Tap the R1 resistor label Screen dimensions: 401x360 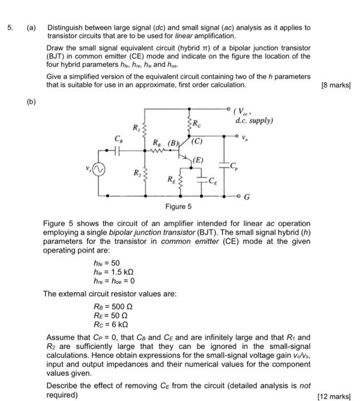135,128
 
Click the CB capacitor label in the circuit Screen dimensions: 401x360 118,139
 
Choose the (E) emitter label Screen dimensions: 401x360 198,160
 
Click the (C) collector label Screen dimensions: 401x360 197,140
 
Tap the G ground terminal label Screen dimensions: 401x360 247,196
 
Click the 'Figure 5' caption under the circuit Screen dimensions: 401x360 178,207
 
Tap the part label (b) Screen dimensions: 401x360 31,102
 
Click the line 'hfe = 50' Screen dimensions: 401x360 107,263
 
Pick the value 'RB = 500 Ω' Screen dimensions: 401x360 112,306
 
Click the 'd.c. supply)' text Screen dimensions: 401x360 254,121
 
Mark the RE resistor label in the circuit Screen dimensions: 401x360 172,179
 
